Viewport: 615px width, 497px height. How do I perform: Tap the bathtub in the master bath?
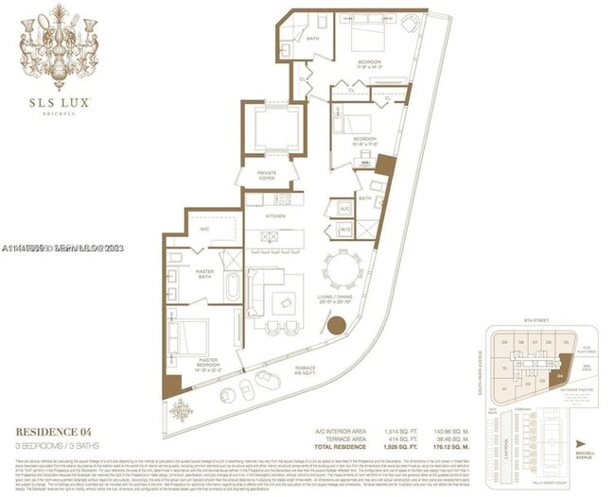[x=230, y=283]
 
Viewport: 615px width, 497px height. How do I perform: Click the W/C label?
[x=204, y=230]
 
